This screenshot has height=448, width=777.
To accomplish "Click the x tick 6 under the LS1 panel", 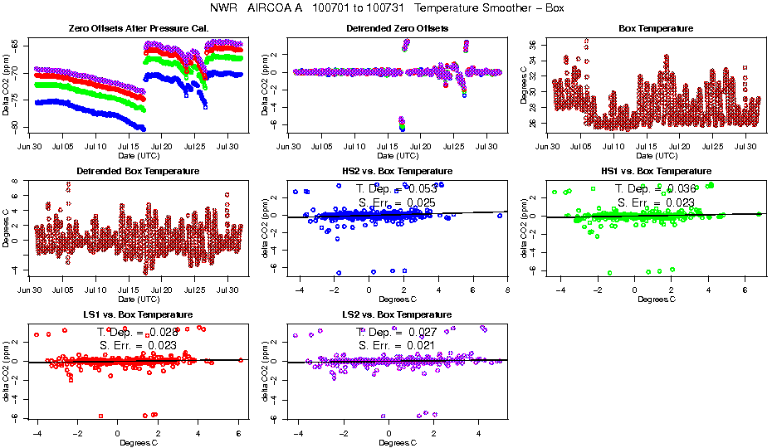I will point(238,433).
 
